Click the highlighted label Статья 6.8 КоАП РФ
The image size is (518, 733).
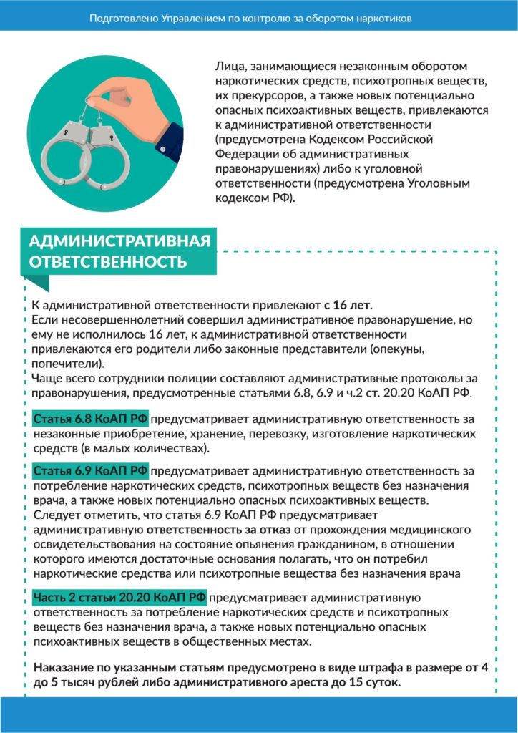coord(90,419)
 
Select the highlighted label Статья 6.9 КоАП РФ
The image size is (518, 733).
coord(90,471)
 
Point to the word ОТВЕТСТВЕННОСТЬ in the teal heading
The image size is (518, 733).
coord(107,262)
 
